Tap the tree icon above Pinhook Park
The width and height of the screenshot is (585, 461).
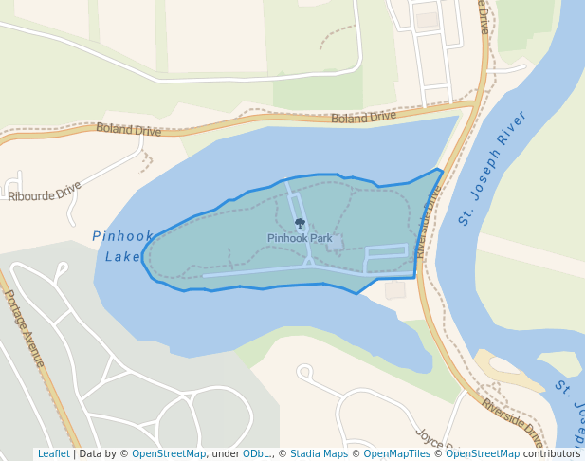[301, 224]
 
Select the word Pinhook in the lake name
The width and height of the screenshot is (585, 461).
[122, 236]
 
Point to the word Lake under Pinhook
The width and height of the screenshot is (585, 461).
[122, 256]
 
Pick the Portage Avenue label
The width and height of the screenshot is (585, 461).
[25, 327]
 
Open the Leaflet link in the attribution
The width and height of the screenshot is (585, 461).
[53, 453]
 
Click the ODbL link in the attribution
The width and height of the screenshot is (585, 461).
[256, 453]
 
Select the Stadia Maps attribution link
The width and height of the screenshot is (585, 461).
[319, 453]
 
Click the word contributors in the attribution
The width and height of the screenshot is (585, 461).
[551, 453]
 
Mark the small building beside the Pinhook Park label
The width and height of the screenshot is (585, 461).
[335, 243]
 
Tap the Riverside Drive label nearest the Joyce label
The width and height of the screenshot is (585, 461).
[512, 423]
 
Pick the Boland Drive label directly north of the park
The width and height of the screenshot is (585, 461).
[363, 118]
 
